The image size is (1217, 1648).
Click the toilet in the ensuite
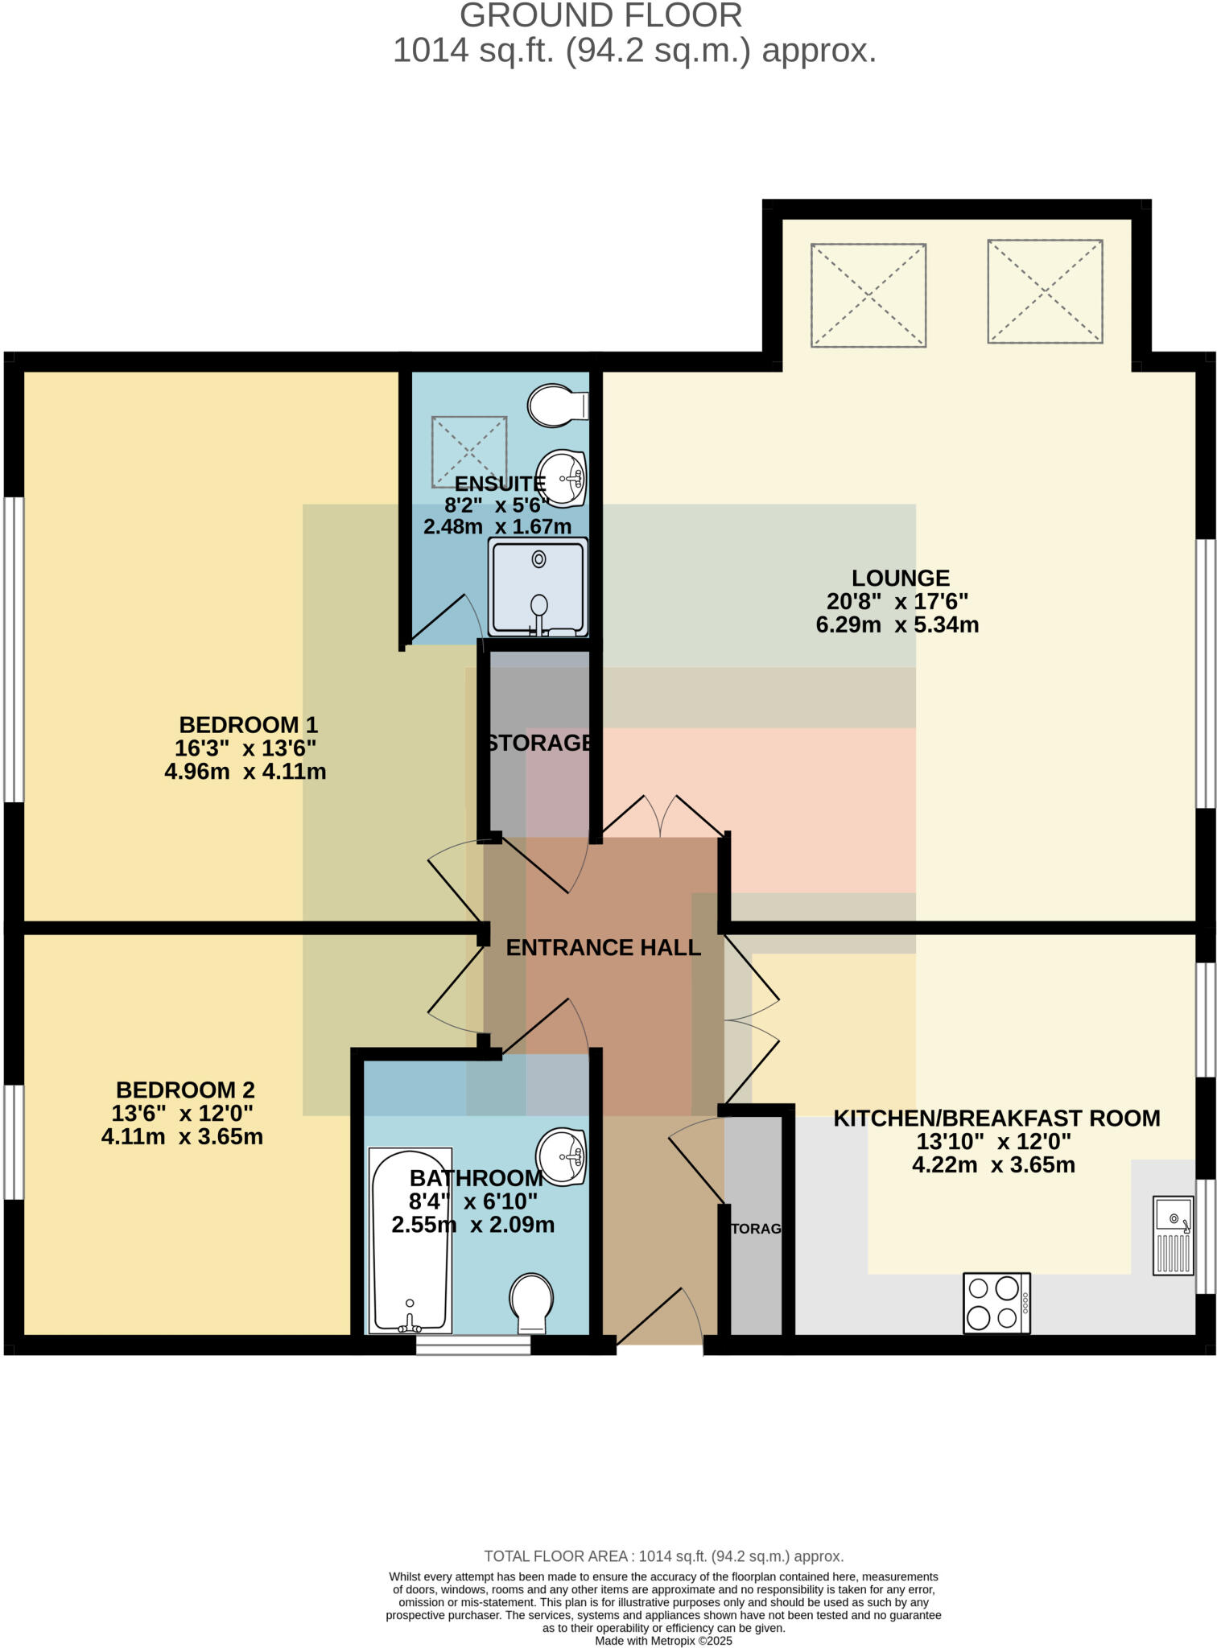(x=557, y=406)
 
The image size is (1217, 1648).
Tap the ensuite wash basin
(x=562, y=478)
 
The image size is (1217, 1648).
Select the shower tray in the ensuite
(x=538, y=587)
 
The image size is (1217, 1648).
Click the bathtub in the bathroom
(x=410, y=1240)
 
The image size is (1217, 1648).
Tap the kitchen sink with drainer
(x=1173, y=1235)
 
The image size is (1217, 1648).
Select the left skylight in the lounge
(x=868, y=295)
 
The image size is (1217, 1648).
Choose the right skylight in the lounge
(x=1045, y=291)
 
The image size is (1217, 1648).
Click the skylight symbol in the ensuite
(x=469, y=451)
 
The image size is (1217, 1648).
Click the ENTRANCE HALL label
(x=603, y=947)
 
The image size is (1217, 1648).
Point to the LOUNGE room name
(x=900, y=578)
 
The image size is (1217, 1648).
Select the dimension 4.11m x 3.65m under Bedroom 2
(x=182, y=1137)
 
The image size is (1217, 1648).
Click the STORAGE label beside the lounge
(x=539, y=742)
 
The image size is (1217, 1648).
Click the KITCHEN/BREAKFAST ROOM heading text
(x=996, y=1118)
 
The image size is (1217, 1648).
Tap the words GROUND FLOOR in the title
(x=600, y=16)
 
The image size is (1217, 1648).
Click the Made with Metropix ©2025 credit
(x=663, y=1640)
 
